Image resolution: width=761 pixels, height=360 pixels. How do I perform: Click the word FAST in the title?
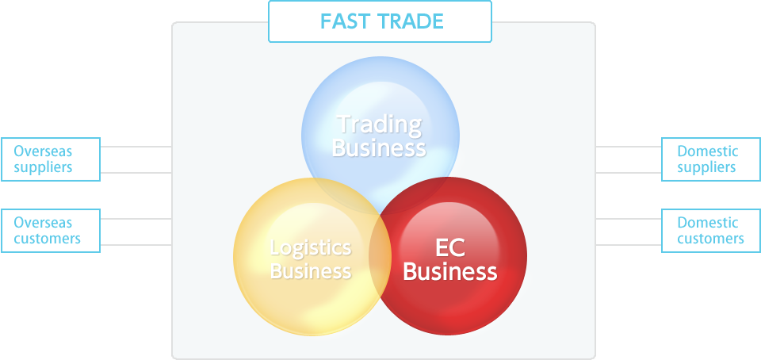340,21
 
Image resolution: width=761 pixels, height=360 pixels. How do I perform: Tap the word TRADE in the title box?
406,21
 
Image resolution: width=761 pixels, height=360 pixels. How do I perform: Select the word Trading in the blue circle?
380,125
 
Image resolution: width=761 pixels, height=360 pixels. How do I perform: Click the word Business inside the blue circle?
379,147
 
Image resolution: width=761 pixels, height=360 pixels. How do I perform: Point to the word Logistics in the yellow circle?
311,248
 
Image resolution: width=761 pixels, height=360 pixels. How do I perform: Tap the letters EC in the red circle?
450,248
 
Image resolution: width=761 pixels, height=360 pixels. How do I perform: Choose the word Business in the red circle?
450,271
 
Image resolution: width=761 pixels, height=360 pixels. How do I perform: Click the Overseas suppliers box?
51,159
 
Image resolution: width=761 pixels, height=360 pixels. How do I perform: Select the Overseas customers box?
51,231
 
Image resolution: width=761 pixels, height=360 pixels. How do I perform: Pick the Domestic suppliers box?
711,159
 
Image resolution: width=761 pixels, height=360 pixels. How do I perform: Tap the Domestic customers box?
711,231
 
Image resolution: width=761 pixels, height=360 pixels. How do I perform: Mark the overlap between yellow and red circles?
380,255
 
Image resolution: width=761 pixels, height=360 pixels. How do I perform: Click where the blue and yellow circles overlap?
340,197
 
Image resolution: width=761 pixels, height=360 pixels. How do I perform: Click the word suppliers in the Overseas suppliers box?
43,167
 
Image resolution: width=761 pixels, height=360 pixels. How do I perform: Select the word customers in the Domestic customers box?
711,239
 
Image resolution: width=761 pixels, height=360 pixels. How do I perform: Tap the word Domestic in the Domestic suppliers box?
708,151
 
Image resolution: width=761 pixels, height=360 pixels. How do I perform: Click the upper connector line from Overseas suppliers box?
136,147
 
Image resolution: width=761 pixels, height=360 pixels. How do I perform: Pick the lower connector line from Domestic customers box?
629,245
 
